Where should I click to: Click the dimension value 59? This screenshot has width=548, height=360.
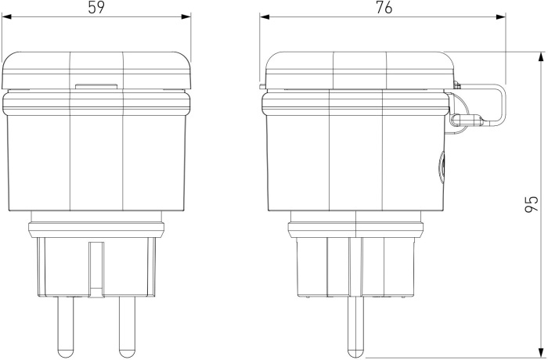tap(96, 8)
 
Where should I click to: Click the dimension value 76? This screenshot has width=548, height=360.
tap(384, 8)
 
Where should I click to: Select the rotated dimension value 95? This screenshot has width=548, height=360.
tap(532, 204)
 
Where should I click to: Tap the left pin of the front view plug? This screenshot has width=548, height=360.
tap(66, 327)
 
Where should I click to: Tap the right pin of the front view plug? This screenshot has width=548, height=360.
tap(127, 327)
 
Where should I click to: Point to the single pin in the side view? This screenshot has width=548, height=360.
tap(355, 327)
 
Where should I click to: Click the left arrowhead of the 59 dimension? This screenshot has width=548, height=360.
tap(6, 16)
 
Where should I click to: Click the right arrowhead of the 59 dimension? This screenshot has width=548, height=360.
tap(186, 16)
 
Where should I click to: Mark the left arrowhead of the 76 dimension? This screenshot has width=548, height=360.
tap(265, 16)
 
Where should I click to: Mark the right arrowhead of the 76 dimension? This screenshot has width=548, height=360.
tap(501, 16)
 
